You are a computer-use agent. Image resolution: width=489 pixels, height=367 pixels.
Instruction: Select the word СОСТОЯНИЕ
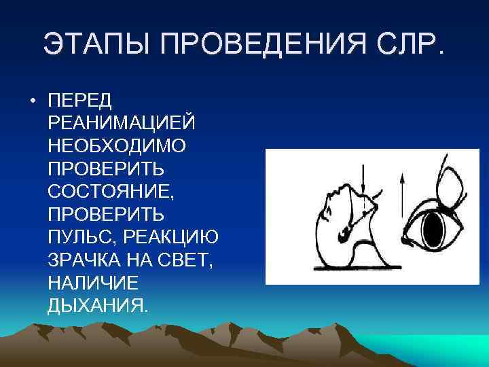109,191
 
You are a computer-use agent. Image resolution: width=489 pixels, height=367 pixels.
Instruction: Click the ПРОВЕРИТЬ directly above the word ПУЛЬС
106,214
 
